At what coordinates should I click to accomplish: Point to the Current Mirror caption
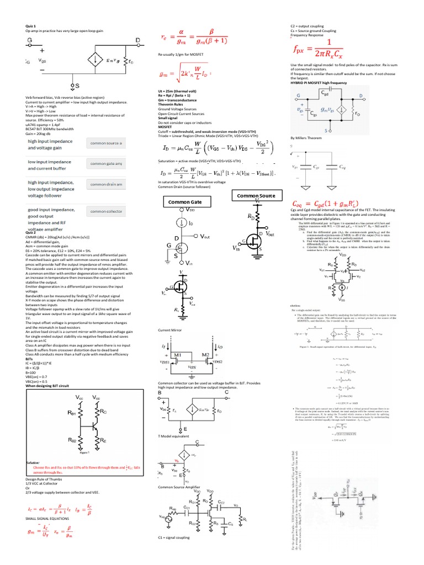(x=170, y=329)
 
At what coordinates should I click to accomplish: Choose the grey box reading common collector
(x=106, y=211)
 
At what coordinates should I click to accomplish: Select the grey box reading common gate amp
(x=106, y=164)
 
